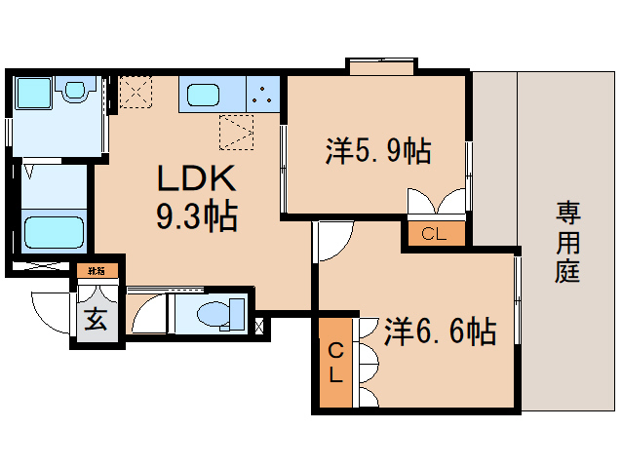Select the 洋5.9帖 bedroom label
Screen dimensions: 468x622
pos(378,150)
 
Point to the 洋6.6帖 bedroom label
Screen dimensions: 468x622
pos(440,331)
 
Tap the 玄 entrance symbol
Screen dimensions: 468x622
pos(97,320)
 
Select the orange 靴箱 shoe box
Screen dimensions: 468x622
pos(97,270)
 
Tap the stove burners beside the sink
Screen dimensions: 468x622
pos(260,96)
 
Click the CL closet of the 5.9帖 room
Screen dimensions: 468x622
pos(434,234)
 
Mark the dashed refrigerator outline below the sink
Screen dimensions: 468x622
pos(237,132)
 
